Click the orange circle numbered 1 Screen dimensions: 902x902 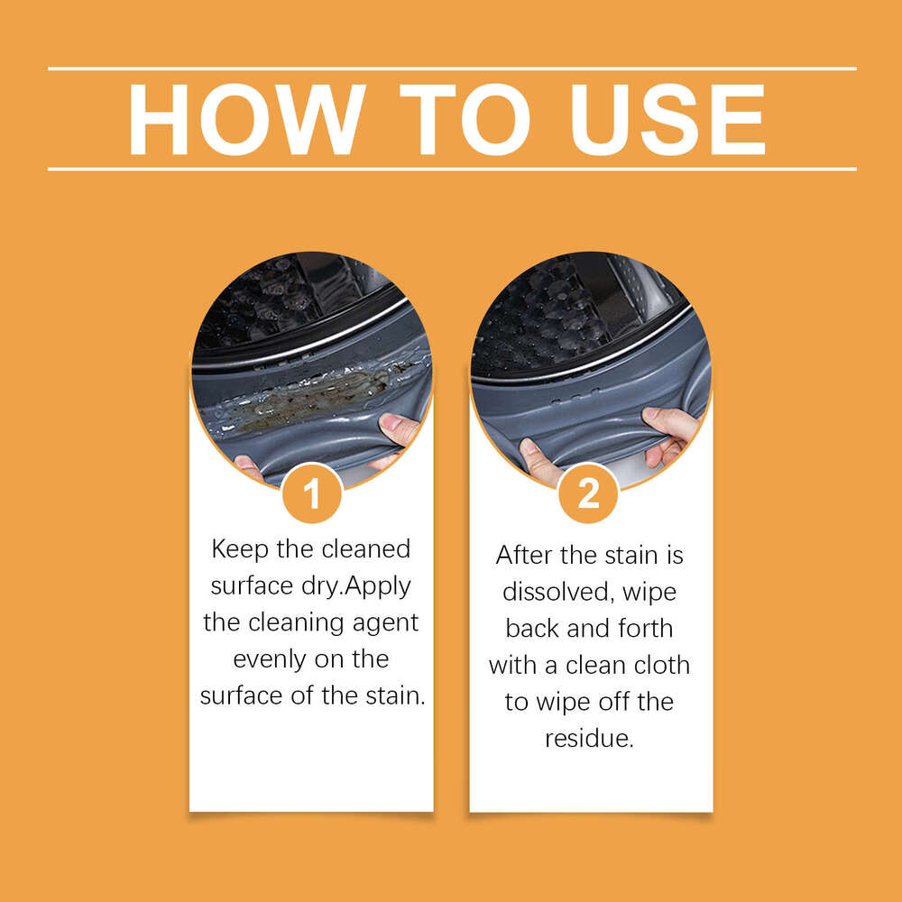click(311, 493)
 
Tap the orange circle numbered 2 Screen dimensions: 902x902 click(588, 493)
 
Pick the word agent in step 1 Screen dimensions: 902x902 click(383, 622)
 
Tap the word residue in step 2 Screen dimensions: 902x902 click(587, 739)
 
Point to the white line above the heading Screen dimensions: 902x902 click(451, 69)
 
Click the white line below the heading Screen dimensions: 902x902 click(451, 169)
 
